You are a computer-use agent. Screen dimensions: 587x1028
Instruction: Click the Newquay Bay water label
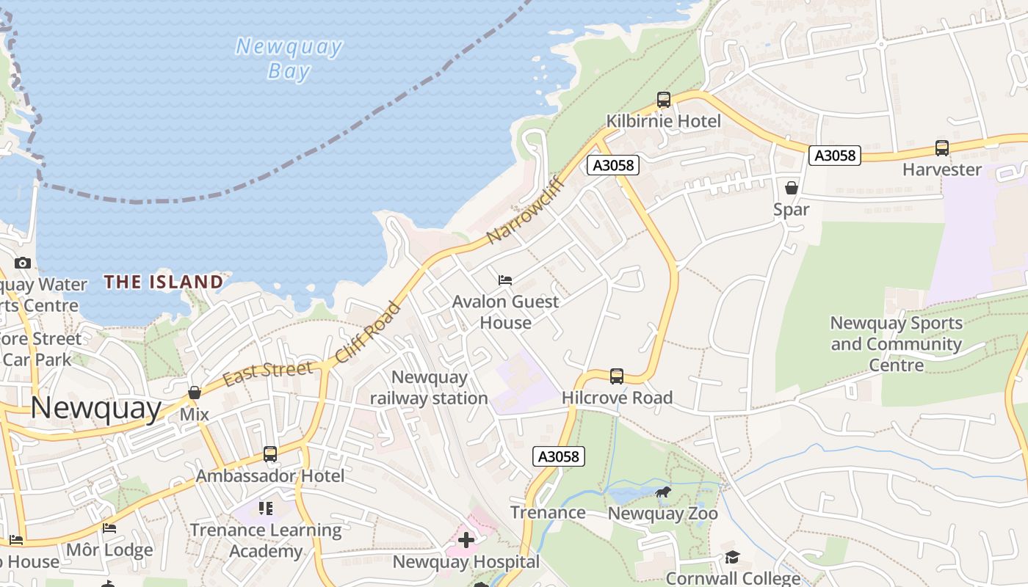click(289, 59)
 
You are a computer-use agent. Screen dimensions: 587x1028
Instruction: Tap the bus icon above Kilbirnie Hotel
click(664, 100)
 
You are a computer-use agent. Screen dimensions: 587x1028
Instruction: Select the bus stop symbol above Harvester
click(942, 148)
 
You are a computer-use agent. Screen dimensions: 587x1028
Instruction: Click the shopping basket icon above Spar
click(792, 188)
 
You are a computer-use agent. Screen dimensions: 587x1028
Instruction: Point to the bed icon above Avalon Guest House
click(505, 280)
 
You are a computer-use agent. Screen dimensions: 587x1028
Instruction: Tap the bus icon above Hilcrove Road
click(617, 376)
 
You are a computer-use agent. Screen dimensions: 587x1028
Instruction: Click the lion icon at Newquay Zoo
click(663, 492)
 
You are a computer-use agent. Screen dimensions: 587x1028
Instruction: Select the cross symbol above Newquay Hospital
click(466, 541)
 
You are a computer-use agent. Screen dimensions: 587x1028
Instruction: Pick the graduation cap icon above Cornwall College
click(732, 558)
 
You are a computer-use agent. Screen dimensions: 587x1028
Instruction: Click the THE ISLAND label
click(164, 282)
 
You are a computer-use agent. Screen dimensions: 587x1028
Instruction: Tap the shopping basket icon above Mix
click(195, 393)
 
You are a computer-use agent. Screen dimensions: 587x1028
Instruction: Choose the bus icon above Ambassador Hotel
click(270, 454)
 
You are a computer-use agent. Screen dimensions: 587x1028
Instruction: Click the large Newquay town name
click(96, 408)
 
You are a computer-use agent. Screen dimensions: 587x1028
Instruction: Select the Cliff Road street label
click(368, 332)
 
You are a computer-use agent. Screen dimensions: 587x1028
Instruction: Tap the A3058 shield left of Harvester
click(835, 155)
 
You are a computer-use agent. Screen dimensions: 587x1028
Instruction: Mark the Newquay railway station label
click(429, 387)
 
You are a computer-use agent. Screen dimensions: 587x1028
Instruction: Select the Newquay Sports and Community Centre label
click(896, 343)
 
